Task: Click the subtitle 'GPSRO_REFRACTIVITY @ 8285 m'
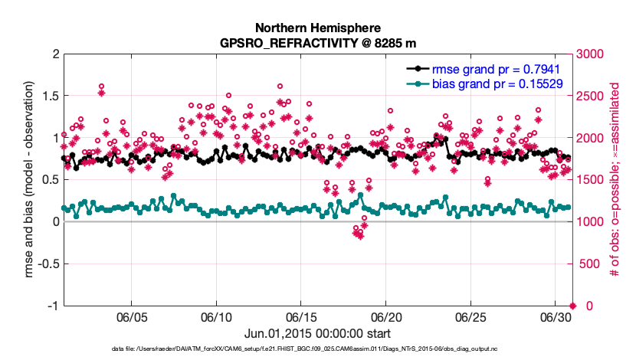pos(317,41)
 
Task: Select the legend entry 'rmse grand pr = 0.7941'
pos(497,67)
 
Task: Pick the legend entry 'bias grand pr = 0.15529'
pos(497,83)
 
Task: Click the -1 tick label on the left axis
pos(54,306)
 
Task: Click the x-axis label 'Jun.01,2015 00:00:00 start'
pos(317,334)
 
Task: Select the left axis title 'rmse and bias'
pos(31,180)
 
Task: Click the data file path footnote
pos(317,349)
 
